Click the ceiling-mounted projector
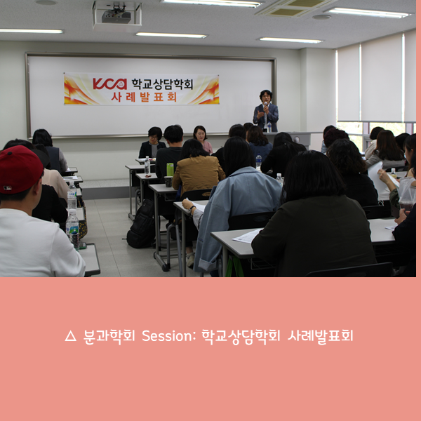[116, 15]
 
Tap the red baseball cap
[20, 168]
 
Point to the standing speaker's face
[265, 97]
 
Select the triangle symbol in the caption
[69, 337]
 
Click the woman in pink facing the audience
[201, 138]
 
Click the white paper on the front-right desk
[248, 236]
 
